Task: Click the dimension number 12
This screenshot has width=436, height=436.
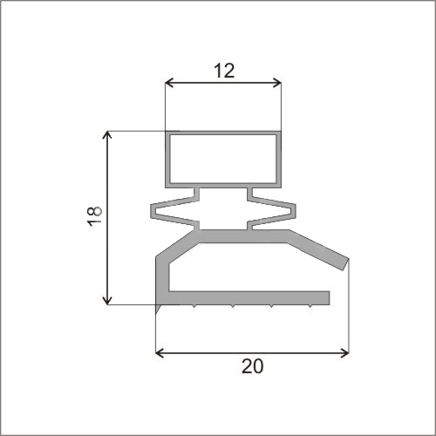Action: tap(224, 71)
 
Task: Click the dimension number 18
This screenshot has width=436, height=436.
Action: tap(95, 216)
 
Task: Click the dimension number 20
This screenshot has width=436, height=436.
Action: tap(252, 366)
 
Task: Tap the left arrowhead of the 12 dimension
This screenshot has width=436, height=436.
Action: tap(169, 83)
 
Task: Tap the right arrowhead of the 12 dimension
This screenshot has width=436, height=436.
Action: tap(277, 83)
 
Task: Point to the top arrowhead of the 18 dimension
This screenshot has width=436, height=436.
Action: tap(107, 135)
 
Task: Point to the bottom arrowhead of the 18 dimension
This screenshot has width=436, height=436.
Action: tap(107, 300)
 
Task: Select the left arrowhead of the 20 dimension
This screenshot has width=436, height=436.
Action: tap(160, 353)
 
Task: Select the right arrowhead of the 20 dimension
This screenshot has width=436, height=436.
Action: tap(344, 353)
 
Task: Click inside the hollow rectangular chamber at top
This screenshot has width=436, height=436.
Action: tap(223, 159)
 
